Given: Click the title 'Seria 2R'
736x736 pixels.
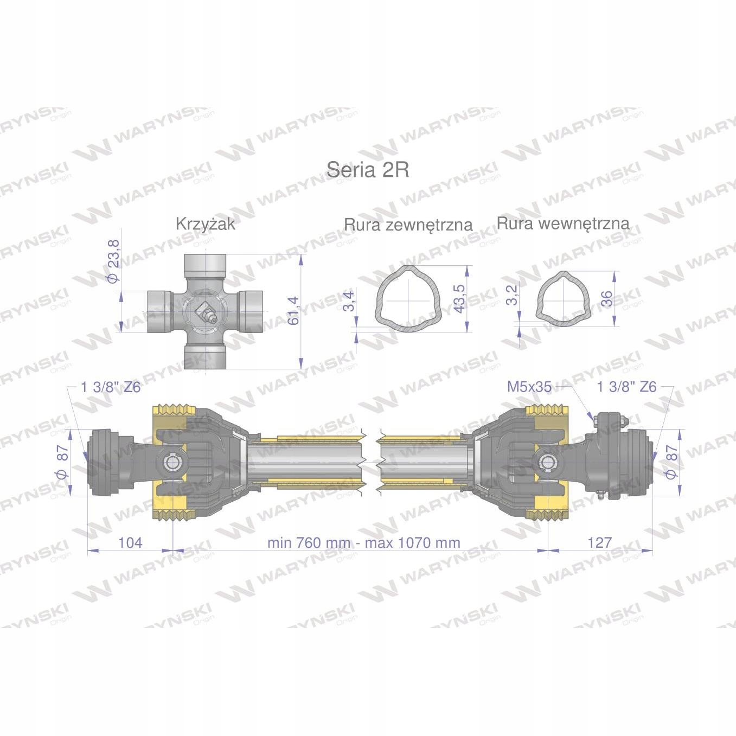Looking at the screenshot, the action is [x=368, y=170].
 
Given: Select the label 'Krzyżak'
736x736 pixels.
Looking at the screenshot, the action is [x=206, y=224].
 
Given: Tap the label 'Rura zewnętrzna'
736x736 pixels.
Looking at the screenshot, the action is [x=408, y=225].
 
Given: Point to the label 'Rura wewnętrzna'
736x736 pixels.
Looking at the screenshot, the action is [x=563, y=223].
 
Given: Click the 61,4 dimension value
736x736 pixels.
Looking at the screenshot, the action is [x=294, y=311].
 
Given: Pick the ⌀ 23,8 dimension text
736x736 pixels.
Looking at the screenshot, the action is [x=114, y=261].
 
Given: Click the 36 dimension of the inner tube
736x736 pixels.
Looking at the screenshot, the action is [x=606, y=299].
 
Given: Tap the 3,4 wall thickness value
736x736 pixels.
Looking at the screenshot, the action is [x=349, y=301].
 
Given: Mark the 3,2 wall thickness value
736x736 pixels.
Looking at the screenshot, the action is [x=513, y=295].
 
